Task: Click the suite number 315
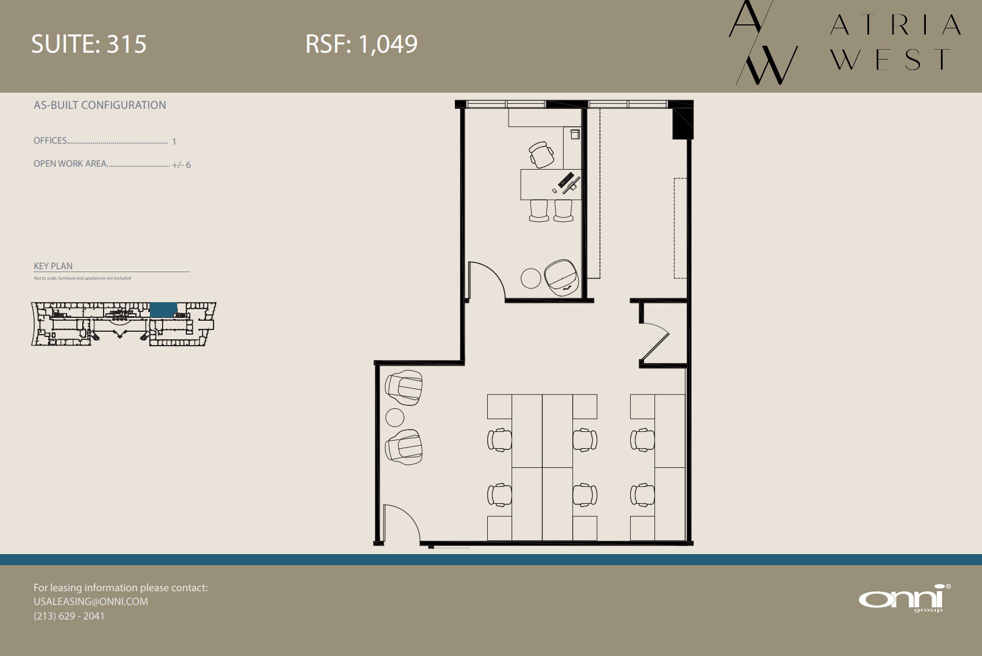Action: point(127,45)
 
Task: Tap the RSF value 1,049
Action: point(388,45)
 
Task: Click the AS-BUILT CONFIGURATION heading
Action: point(100,105)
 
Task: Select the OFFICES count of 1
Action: point(174,142)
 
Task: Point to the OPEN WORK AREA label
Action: point(70,164)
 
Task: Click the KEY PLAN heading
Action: point(53,266)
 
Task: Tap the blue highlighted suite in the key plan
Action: point(163,310)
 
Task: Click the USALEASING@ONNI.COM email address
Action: point(91,602)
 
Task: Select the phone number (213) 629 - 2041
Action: point(69,616)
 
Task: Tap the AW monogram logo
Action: point(763,43)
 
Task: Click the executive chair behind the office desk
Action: point(541,155)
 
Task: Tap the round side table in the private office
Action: point(531,278)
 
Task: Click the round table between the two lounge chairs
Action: point(395,417)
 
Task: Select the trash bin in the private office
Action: point(575,134)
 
